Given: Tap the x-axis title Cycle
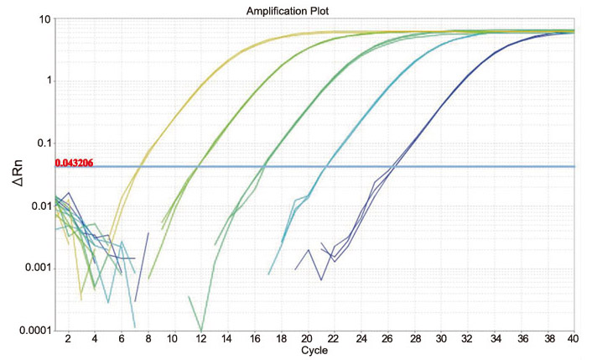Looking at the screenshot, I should [x=314, y=351].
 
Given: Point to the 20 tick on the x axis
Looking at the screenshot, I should [x=307, y=338].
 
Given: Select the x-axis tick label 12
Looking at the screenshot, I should [x=200, y=338].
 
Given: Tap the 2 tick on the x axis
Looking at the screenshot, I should [x=68, y=338].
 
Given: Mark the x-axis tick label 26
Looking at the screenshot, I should [x=387, y=338].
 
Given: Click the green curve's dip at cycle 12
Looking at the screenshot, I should [x=200, y=329].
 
